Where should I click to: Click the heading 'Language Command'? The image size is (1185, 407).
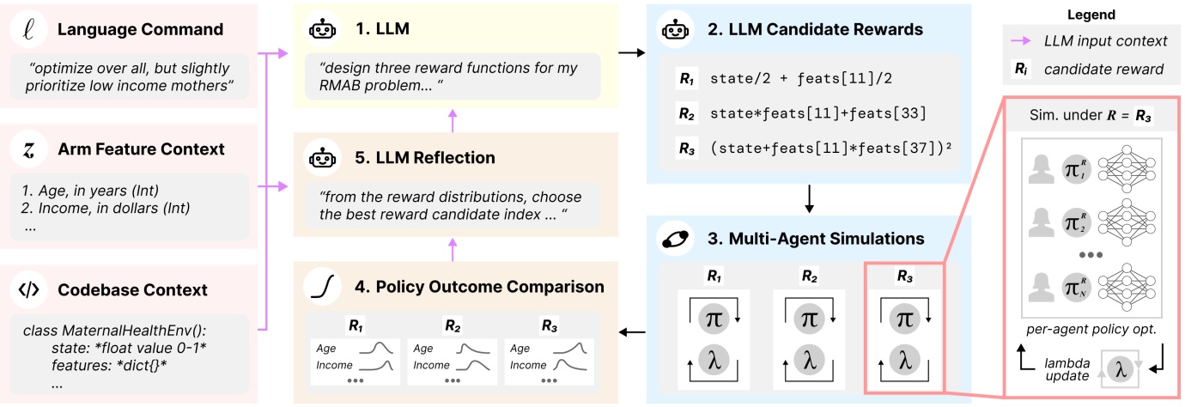(141, 28)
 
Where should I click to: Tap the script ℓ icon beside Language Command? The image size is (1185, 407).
(29, 29)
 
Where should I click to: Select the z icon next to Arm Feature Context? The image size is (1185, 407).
(29, 149)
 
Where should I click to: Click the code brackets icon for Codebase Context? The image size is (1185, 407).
(29, 290)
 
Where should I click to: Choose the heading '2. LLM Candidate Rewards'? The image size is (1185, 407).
(816, 29)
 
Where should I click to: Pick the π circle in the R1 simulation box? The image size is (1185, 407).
(713, 318)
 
